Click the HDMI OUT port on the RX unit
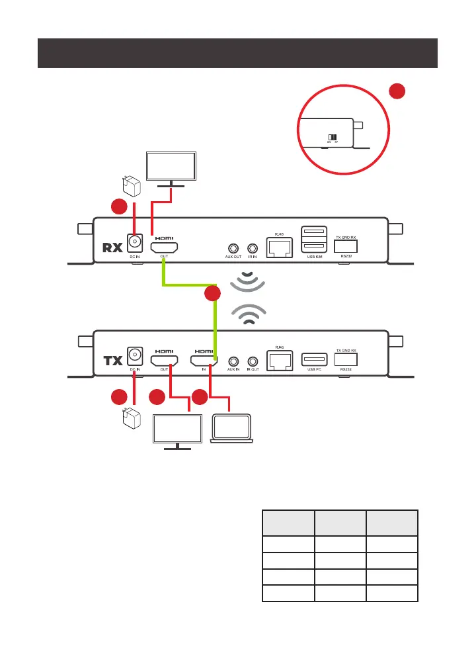pos(163,249)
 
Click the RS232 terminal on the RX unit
pos(347,244)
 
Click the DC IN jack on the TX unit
pos(136,355)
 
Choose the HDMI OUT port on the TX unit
pos(163,361)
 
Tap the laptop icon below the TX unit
pos(231,429)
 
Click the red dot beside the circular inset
pos(397,93)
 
